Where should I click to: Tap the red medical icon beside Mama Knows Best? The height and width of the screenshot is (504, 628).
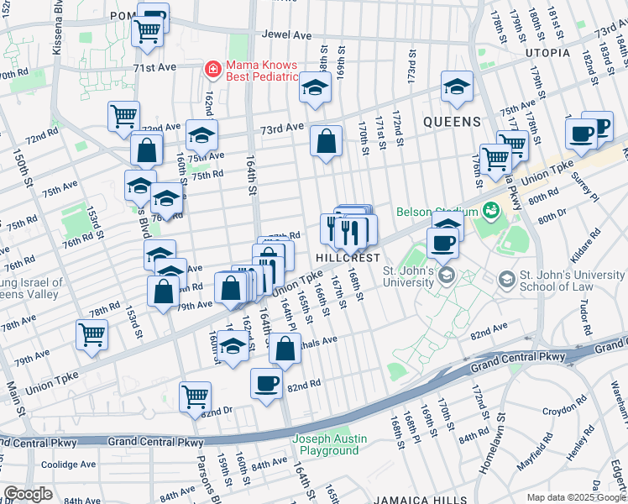click(x=213, y=69)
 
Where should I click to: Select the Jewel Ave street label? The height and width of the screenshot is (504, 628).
click(x=286, y=35)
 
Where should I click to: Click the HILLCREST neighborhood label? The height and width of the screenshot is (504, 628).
click(x=348, y=257)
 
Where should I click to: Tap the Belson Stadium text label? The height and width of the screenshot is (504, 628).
click(x=433, y=212)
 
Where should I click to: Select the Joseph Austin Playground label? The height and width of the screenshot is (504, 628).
click(x=329, y=444)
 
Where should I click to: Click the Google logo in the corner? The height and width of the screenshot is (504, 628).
click(x=28, y=494)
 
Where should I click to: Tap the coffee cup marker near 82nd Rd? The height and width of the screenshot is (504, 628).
click(x=266, y=383)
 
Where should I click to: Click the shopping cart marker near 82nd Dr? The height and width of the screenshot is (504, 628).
click(x=195, y=395)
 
